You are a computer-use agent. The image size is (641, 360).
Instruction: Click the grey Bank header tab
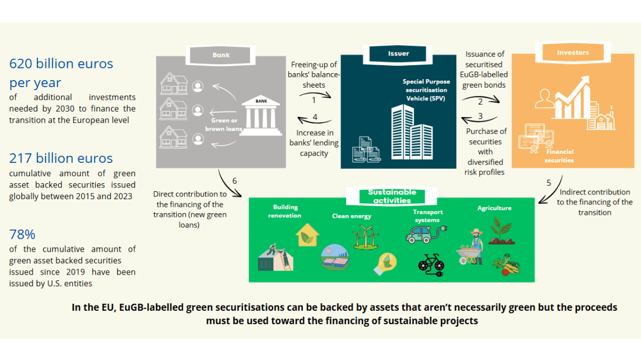coord(221,54)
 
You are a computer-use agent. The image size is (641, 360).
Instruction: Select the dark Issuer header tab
coord(398,53)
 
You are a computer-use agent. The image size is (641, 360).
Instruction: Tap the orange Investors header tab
coord(573,53)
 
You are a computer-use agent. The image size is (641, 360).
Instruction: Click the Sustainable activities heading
coord(392,196)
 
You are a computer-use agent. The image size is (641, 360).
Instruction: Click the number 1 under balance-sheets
coord(314,99)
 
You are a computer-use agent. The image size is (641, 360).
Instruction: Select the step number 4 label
coord(315,117)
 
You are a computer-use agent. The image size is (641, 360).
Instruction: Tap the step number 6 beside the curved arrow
coord(234,181)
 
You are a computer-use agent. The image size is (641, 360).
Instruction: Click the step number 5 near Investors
coord(549,182)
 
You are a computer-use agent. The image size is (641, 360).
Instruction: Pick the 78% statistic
coord(22,234)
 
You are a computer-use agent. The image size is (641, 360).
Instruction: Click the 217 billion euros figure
coord(61,159)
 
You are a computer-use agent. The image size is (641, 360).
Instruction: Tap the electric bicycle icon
coord(431,264)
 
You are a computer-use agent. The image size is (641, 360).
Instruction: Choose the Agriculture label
coord(494,208)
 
